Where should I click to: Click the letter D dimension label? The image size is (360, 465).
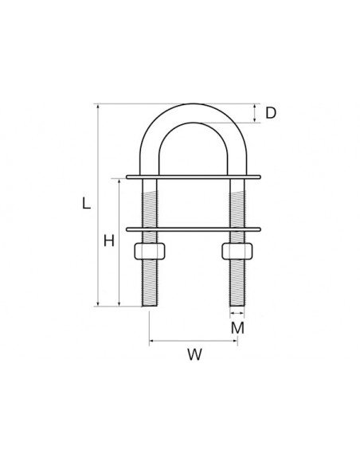coord(271,113)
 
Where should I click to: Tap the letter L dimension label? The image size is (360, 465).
coord(86,204)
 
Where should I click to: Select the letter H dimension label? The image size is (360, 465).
coord(108,240)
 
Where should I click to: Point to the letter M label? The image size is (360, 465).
coord(237,326)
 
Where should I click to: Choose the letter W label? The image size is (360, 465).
coord(194,356)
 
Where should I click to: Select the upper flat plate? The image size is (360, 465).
coord(193,176)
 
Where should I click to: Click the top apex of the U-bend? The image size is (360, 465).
coord(193,105)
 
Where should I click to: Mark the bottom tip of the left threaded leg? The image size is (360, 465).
coord(150,305)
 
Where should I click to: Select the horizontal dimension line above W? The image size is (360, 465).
coord(194,341)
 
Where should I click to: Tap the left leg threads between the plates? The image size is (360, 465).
coord(150,204)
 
